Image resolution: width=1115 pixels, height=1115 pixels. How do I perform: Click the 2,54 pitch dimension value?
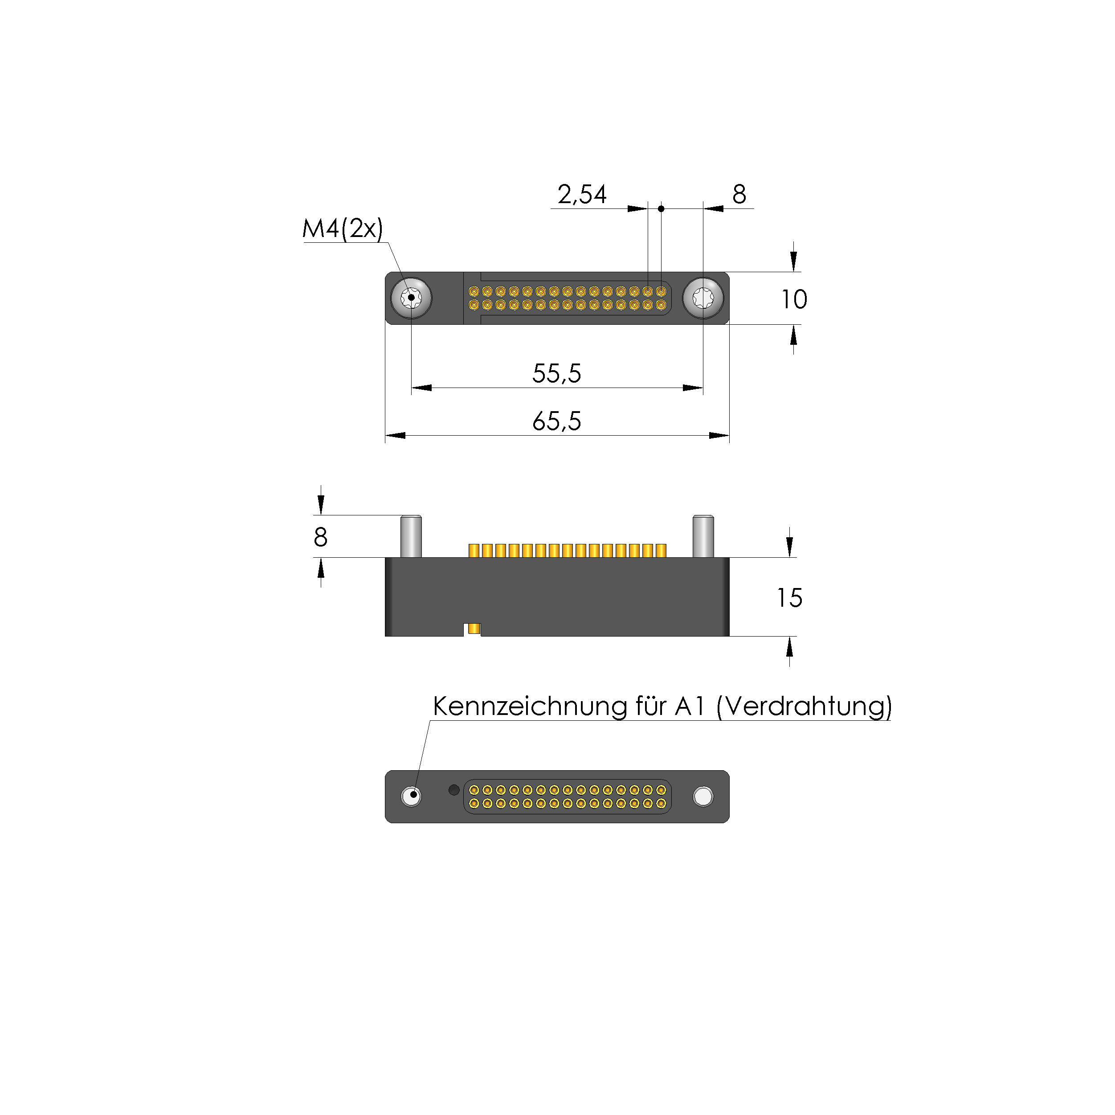pos(582,195)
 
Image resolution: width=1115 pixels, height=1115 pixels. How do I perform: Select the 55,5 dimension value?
pos(556,373)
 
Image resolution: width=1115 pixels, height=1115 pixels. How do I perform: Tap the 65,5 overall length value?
pos(556,421)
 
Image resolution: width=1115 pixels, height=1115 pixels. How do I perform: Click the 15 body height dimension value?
pos(789,598)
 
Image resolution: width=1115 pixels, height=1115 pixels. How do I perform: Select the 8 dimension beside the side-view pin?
pos(320,537)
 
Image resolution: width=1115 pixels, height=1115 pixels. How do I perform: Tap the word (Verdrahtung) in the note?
pos(804,707)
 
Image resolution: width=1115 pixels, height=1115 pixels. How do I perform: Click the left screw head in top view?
pos(411,298)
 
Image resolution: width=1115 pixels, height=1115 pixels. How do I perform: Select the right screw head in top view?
pos(703,298)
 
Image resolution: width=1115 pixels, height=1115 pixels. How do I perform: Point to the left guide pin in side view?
pos(411,536)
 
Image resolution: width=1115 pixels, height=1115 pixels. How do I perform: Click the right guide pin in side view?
pos(703,536)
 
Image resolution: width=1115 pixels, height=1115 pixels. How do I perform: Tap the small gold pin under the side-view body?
pos(474,629)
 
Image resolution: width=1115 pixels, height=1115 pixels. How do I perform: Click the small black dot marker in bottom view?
pos(453,789)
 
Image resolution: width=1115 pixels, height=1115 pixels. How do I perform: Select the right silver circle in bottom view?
pos(703,796)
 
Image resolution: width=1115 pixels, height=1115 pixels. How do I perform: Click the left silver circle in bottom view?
pos(411,796)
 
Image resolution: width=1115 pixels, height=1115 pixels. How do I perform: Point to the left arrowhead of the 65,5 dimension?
pos(395,435)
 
